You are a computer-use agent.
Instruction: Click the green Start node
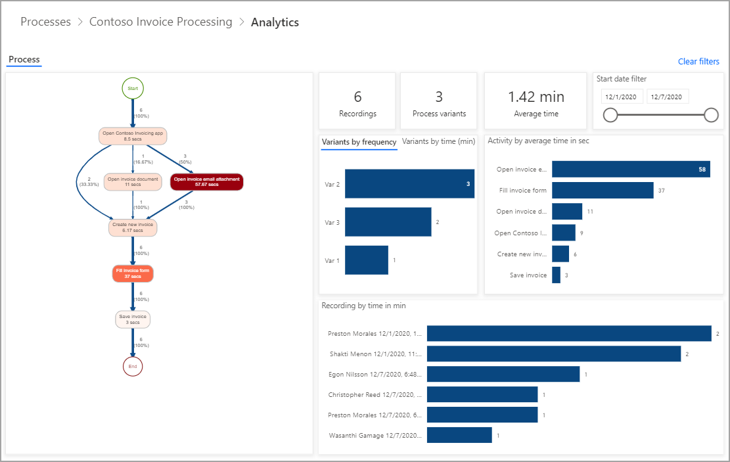pyautogui.click(x=133, y=87)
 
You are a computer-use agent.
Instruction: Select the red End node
pyautogui.click(x=133, y=366)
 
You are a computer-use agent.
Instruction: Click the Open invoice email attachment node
pyautogui.click(x=207, y=182)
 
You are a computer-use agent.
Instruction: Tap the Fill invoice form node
pyautogui.click(x=133, y=273)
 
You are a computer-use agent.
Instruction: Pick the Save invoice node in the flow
pyautogui.click(x=133, y=319)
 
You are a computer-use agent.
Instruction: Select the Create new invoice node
pyautogui.click(x=133, y=227)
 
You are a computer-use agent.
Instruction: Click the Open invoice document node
pyautogui.click(x=132, y=181)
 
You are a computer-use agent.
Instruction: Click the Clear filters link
pyautogui.click(x=698, y=62)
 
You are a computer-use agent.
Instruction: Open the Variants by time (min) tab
pyautogui.click(x=438, y=141)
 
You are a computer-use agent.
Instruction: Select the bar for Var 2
pyautogui.click(x=409, y=184)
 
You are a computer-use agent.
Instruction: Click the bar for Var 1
pyautogui.click(x=367, y=260)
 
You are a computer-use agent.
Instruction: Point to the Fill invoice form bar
pyautogui.click(x=603, y=191)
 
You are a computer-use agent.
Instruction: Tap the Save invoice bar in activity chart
pyautogui.click(x=556, y=275)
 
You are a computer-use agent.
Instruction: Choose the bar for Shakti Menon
pyautogui.click(x=554, y=354)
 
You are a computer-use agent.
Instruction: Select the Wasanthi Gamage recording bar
pyautogui.click(x=459, y=435)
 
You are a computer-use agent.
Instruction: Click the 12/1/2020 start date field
pyautogui.click(x=622, y=97)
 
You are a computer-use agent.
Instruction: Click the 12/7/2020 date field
pyautogui.click(x=667, y=97)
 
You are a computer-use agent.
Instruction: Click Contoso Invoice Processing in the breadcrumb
pyautogui.click(x=160, y=22)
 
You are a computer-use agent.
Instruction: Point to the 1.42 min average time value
pyautogui.click(x=536, y=97)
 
